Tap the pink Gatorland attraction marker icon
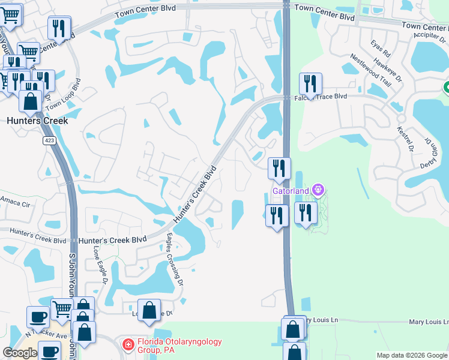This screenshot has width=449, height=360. [x=318, y=191]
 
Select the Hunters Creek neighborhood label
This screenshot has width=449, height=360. [x=37, y=121]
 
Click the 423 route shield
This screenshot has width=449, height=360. [x=50, y=140]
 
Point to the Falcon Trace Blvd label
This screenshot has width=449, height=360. [x=320, y=96]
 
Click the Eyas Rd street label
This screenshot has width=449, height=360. [x=381, y=47]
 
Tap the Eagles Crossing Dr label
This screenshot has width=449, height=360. [x=175, y=257]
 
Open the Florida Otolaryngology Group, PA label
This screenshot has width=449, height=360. [x=180, y=346]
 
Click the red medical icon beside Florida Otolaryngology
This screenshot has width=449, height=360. [x=127, y=344]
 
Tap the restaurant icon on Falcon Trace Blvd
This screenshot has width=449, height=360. [x=310, y=85]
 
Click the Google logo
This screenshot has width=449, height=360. [x=20, y=353]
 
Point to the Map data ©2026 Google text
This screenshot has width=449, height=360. [x=412, y=355]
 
